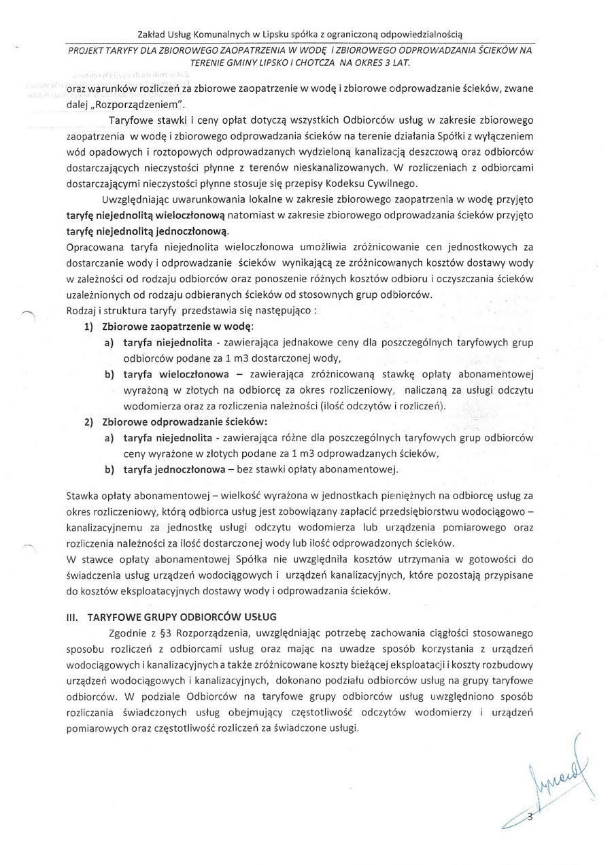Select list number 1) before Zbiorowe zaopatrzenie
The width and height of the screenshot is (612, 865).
coord(88,327)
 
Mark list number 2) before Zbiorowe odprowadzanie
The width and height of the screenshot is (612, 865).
coord(88,422)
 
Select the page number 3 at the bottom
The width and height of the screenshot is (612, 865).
coord(530,819)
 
